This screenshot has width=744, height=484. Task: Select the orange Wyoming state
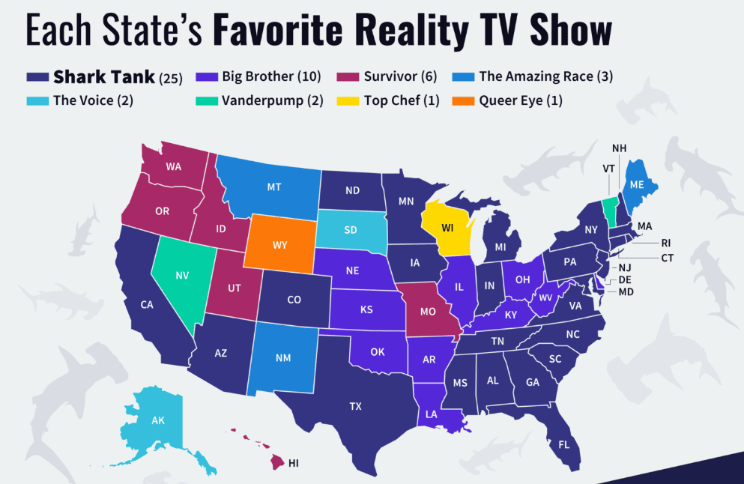(x=280, y=245)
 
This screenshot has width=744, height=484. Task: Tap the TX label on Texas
(x=355, y=406)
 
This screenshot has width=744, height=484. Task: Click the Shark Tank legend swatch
(x=37, y=76)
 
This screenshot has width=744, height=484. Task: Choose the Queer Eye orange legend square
(x=465, y=100)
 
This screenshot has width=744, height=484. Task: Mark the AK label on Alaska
(x=158, y=420)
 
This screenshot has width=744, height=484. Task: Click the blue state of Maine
(x=636, y=185)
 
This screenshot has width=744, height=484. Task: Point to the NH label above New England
(x=619, y=148)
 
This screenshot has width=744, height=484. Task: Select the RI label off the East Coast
(x=665, y=242)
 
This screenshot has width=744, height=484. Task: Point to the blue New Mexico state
(x=282, y=358)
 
